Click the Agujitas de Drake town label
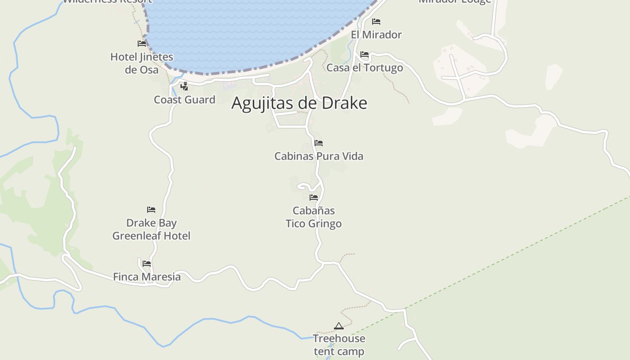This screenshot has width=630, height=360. (299, 103)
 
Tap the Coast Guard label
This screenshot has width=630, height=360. (184, 99)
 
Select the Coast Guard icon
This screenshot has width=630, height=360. (184, 86)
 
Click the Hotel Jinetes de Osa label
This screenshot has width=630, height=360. (142, 63)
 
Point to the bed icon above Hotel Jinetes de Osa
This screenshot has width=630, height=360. (142, 44)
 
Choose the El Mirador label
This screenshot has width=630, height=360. (376, 35)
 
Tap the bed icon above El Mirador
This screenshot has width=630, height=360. (376, 22)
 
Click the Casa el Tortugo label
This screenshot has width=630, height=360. (364, 67)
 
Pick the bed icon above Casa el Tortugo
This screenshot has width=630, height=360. (364, 54)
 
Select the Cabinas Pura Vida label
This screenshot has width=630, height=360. (319, 156)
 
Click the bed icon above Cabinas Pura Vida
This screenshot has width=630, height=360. (319, 143)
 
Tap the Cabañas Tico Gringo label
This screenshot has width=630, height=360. (314, 217)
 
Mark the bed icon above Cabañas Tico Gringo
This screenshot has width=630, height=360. (314, 197)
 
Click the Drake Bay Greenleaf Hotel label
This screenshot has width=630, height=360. (151, 229)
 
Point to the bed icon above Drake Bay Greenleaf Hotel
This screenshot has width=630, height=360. (151, 210)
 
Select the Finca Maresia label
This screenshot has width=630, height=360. (147, 277)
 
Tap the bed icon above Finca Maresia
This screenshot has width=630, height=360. (147, 264)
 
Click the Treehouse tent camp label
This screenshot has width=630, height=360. (339, 345)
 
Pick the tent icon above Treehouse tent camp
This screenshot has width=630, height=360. (339, 326)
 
